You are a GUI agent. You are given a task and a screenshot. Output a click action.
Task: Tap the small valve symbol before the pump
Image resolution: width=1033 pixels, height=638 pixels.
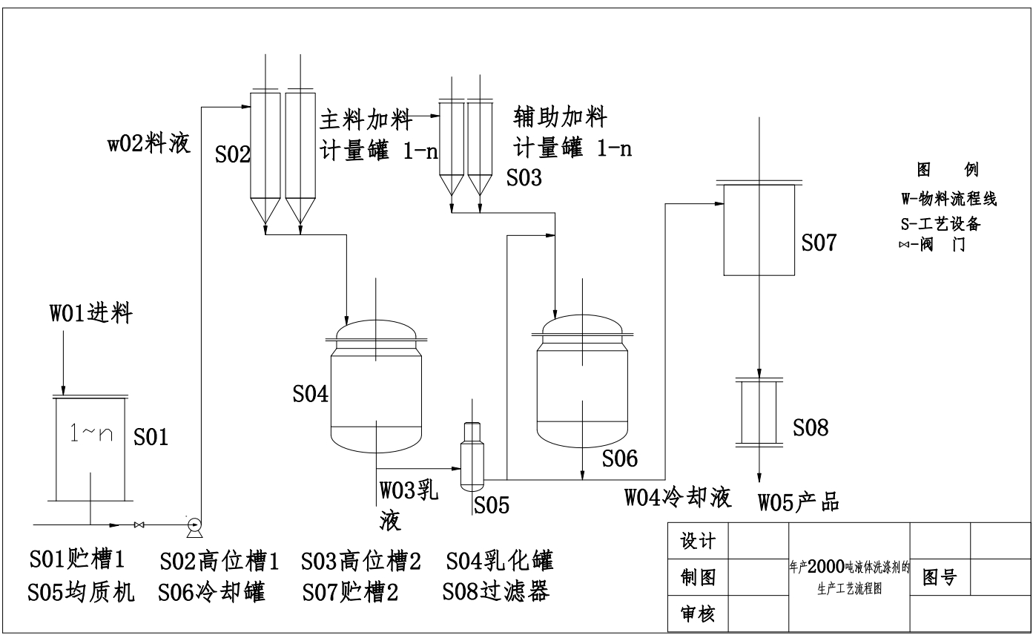click(x=139, y=525)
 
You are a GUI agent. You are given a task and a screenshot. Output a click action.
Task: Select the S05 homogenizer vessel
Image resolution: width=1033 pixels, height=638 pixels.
click(x=472, y=456)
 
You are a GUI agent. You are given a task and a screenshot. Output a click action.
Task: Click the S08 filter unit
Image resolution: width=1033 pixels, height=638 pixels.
click(x=759, y=412)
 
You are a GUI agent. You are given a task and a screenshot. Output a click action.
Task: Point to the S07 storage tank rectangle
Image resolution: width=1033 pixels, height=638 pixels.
click(x=759, y=229)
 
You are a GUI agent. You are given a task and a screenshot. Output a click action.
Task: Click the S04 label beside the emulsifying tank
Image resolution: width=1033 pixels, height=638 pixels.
click(x=311, y=394)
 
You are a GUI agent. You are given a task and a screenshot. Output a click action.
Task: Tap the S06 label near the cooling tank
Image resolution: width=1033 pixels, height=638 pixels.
click(x=620, y=458)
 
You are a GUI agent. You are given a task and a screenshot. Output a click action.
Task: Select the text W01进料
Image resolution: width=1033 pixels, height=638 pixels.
click(x=91, y=313)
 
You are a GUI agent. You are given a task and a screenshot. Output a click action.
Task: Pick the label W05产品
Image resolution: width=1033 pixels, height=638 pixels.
click(x=799, y=502)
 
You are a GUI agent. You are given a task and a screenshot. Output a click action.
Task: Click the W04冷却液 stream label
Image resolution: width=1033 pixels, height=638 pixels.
click(x=678, y=498)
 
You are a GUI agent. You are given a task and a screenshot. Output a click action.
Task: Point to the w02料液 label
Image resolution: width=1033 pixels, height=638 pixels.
click(x=149, y=143)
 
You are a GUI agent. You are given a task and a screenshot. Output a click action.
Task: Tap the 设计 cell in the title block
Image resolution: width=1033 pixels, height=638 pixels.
click(x=698, y=541)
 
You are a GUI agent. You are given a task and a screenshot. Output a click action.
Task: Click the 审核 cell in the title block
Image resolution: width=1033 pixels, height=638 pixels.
click(x=698, y=614)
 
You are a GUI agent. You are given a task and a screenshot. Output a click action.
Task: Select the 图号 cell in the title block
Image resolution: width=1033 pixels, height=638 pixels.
click(x=940, y=577)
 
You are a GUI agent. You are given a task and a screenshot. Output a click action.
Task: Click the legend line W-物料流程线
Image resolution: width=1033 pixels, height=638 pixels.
click(x=949, y=199)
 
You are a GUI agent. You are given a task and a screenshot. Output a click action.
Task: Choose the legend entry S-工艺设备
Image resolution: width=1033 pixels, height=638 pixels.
click(x=941, y=224)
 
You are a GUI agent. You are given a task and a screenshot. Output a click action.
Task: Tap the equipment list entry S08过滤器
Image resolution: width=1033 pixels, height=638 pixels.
click(x=496, y=591)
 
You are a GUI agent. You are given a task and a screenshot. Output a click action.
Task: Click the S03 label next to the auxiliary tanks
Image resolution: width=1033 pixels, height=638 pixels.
click(x=524, y=177)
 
